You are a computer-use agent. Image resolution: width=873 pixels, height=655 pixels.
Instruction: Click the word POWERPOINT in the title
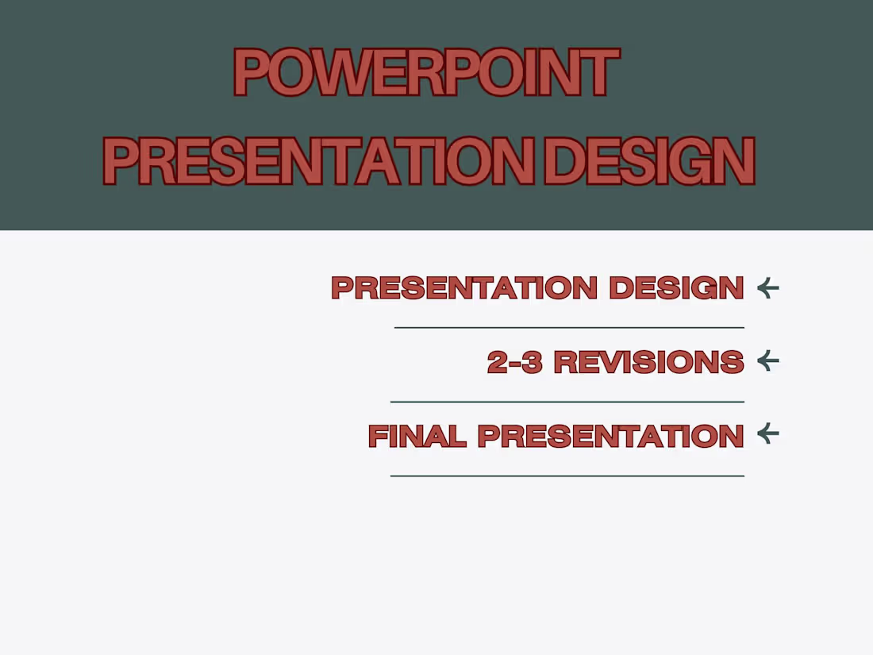point(426,72)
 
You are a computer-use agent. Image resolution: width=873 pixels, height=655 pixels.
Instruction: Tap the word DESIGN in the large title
point(649,161)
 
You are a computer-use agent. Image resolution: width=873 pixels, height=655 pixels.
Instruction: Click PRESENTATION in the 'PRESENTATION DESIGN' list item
point(464,288)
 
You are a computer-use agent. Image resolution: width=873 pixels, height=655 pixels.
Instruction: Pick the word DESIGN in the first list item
point(676,288)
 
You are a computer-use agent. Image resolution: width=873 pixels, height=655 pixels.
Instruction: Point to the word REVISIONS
point(648,363)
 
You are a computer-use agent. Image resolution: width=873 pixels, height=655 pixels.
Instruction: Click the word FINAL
point(417,437)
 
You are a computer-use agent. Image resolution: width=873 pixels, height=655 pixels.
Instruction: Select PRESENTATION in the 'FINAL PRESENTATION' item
point(610,437)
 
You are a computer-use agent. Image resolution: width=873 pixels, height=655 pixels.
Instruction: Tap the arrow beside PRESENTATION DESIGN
point(767,287)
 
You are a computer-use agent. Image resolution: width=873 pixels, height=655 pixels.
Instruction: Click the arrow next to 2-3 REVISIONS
point(767,361)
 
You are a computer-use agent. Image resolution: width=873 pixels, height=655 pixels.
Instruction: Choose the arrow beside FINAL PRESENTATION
point(767,433)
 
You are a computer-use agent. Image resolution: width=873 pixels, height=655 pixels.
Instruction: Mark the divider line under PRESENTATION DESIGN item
point(569,327)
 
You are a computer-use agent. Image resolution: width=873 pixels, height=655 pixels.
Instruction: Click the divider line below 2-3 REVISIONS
point(567,402)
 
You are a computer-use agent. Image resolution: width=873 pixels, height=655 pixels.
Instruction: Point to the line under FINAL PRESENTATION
point(567,476)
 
